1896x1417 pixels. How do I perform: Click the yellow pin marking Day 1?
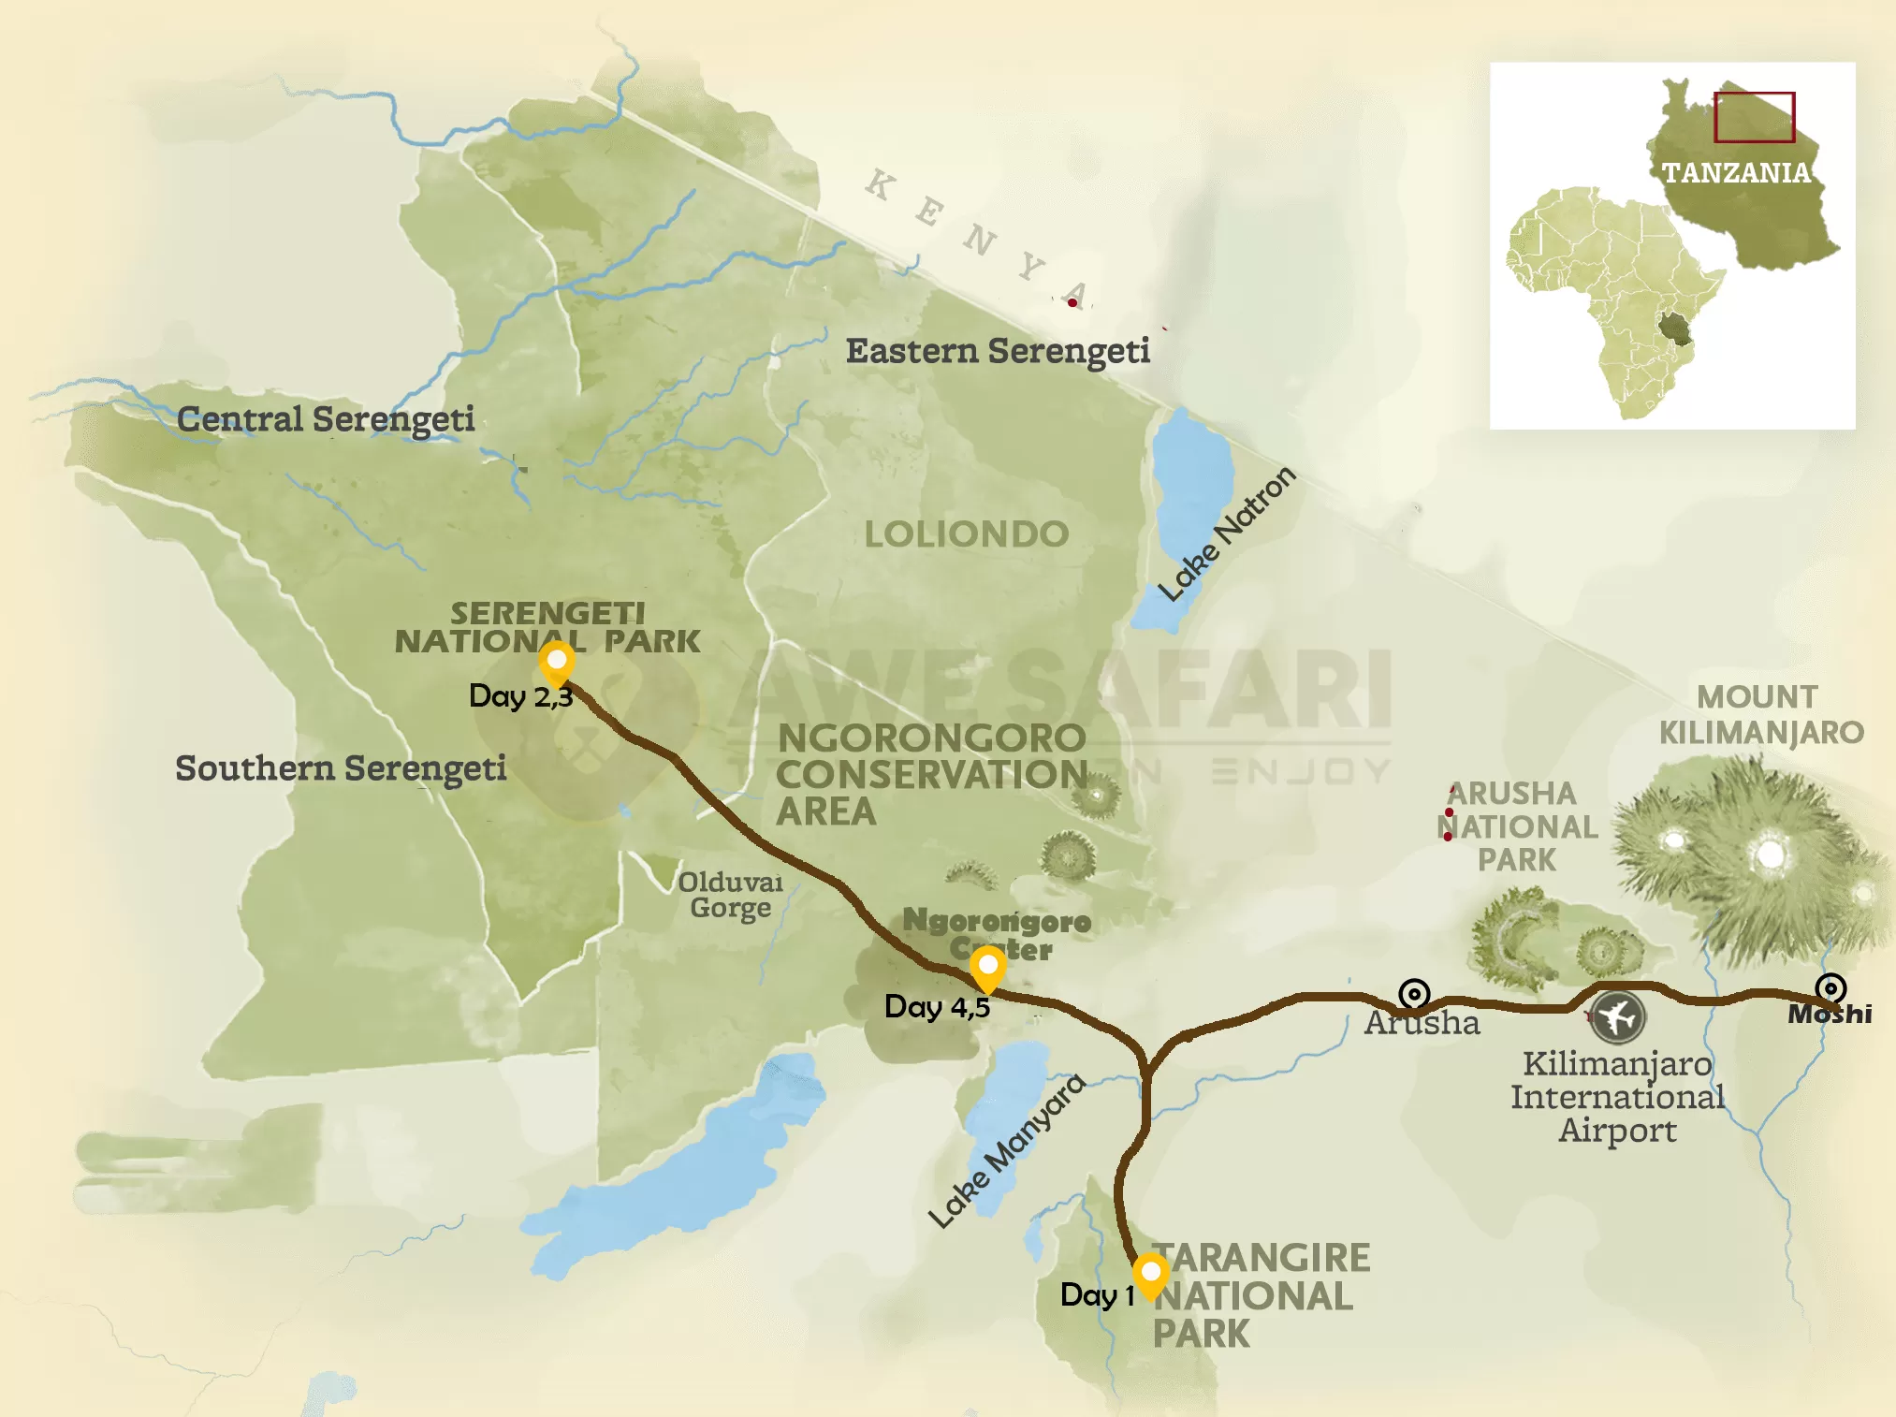(x=1150, y=1275)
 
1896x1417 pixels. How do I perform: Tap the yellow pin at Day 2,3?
(x=557, y=662)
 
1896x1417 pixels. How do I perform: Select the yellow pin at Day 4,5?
(x=987, y=965)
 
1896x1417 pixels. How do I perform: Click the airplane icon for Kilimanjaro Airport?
(x=1618, y=1016)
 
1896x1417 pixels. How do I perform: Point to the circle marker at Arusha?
(x=1414, y=993)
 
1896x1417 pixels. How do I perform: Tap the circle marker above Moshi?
(x=1830, y=988)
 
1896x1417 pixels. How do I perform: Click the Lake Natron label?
(x=1227, y=534)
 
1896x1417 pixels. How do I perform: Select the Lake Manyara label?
(x=1007, y=1150)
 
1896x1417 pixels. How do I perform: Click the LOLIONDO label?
(x=966, y=534)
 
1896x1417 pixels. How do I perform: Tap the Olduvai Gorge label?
(x=731, y=895)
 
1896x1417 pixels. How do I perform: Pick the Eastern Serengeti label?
(x=998, y=351)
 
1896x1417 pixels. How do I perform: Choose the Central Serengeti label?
(x=326, y=419)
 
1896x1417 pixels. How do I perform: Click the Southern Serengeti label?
(x=341, y=768)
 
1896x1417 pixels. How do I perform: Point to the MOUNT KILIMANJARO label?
(x=1760, y=714)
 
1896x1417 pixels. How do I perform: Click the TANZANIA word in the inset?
(x=1736, y=172)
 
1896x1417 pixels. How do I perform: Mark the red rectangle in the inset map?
(x=1754, y=117)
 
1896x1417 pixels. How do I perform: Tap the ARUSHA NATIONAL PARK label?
(x=1517, y=826)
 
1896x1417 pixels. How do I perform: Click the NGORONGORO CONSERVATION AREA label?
(x=930, y=774)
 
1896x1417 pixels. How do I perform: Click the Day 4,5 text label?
(x=937, y=1007)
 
